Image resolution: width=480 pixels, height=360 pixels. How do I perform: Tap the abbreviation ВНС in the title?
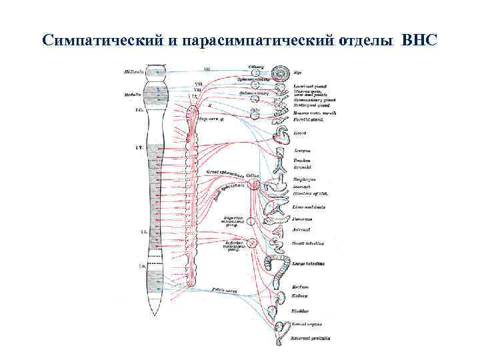[x=420, y=41]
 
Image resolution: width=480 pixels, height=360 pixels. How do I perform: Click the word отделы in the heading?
[x=362, y=41]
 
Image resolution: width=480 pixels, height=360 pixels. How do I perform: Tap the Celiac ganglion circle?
[x=253, y=184]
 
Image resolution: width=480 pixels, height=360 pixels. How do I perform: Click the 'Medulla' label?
[x=132, y=94]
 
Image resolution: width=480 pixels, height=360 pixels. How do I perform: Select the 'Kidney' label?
[x=299, y=295]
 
